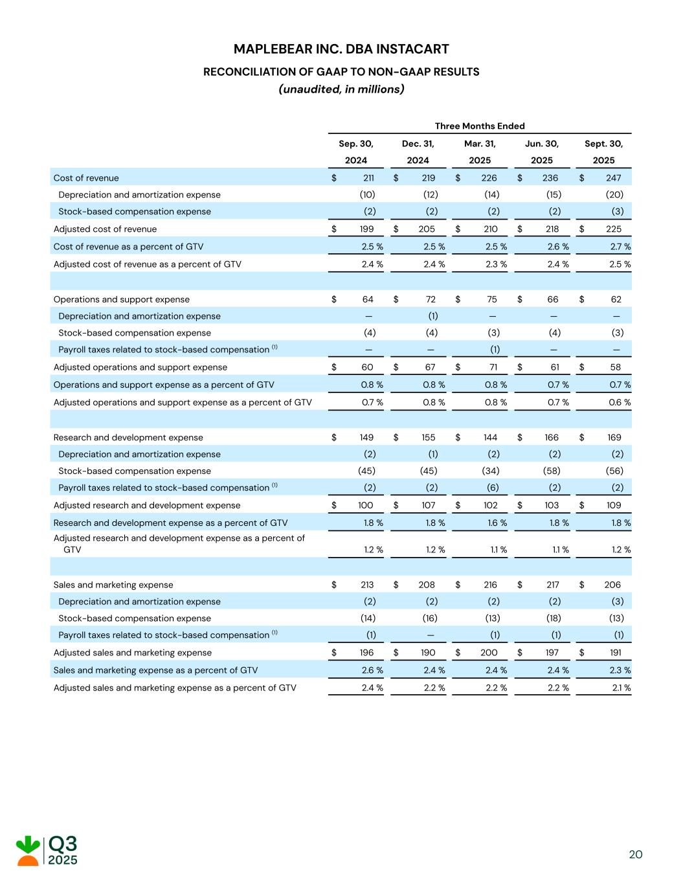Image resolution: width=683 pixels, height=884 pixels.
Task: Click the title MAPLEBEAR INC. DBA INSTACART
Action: [x=341, y=49]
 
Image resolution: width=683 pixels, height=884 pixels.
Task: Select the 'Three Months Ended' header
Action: [x=479, y=126]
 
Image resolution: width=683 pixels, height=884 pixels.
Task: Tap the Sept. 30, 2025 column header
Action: [x=603, y=152]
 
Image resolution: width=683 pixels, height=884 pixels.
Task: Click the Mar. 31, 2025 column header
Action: [x=480, y=152]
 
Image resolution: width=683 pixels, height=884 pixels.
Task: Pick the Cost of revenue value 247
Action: [x=613, y=178]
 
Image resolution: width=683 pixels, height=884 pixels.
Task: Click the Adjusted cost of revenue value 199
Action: [x=366, y=229]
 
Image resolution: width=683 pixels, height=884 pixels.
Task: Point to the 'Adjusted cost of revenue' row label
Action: [x=105, y=229]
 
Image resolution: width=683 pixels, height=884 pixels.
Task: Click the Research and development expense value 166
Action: [x=551, y=438]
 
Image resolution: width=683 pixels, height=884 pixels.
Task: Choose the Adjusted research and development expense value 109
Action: [x=613, y=506]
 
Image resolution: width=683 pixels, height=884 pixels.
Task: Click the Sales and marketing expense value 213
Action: [x=366, y=585]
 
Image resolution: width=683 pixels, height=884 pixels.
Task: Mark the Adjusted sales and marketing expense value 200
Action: [x=489, y=653]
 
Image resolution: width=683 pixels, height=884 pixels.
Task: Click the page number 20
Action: [x=635, y=855]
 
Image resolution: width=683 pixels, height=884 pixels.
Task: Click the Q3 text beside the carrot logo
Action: [x=63, y=844]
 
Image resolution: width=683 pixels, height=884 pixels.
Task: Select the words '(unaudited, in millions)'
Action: [x=341, y=89]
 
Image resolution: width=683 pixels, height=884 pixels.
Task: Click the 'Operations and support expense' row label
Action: [x=122, y=299]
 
